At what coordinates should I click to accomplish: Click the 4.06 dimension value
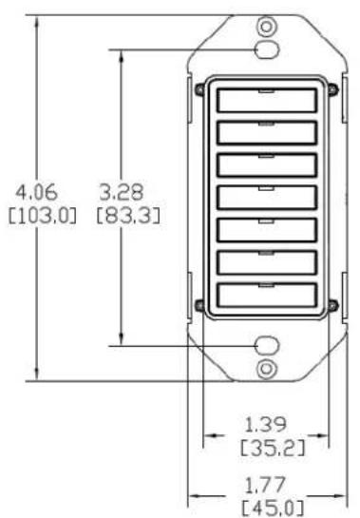36,192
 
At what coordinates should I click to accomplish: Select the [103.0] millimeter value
42,216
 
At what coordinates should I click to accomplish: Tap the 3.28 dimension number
122,192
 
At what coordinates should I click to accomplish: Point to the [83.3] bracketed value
128,216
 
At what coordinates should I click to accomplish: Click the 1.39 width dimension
266,425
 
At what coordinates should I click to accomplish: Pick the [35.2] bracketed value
273,449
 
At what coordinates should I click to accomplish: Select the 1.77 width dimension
265,485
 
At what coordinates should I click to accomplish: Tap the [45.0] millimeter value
273,508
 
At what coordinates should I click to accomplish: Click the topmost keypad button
267,100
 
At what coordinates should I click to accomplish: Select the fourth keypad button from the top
267,198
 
